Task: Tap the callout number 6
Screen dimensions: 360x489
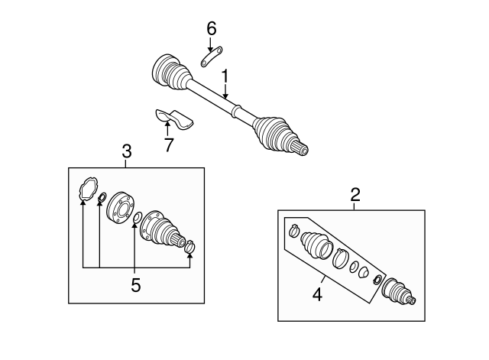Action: [x=212, y=28]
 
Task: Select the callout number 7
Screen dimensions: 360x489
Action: [x=168, y=144]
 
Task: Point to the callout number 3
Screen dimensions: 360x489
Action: [x=127, y=151]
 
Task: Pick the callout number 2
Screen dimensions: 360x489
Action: [x=355, y=194]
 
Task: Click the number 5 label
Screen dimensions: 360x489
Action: [x=135, y=285]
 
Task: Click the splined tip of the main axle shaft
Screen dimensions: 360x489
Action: [x=303, y=148]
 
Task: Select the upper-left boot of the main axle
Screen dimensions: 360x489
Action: [x=170, y=73]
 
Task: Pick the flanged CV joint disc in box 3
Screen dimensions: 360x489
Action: [x=118, y=208]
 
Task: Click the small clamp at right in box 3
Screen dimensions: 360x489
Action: [x=191, y=246]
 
